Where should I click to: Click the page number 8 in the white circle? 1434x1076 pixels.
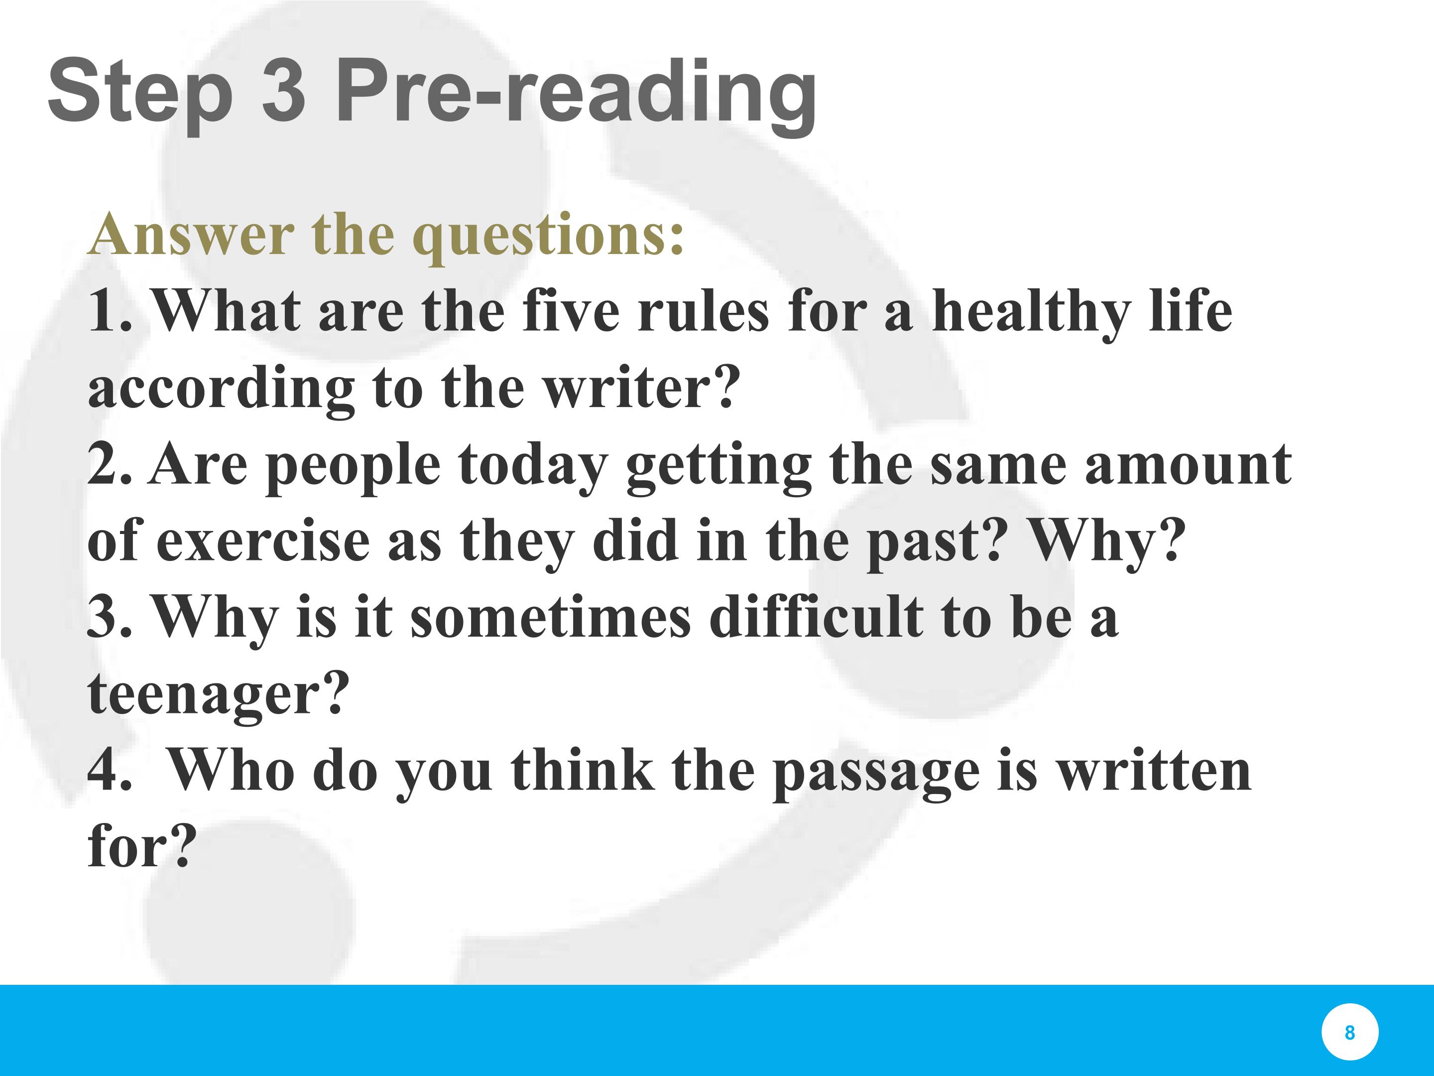[1350, 1032]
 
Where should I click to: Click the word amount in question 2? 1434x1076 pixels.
[1189, 466]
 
